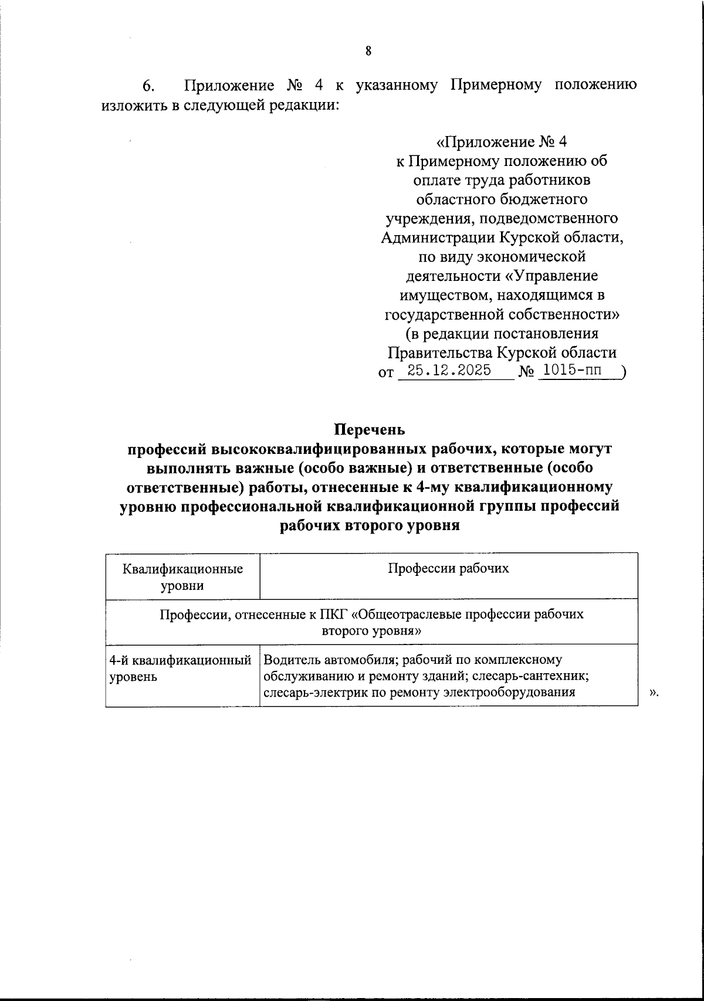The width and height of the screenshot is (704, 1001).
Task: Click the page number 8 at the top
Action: pyautogui.click(x=368, y=51)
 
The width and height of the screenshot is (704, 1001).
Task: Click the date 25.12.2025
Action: pyautogui.click(x=449, y=371)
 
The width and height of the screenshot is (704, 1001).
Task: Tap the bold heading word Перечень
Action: pyautogui.click(x=370, y=430)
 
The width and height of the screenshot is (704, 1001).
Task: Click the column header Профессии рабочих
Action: pyautogui.click(x=448, y=568)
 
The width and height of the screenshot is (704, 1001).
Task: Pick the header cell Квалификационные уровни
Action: pyautogui.click(x=183, y=577)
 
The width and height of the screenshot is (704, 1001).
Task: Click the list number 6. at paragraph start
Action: pyautogui.click(x=148, y=86)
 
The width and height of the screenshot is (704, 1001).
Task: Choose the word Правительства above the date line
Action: pyautogui.click(x=440, y=352)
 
